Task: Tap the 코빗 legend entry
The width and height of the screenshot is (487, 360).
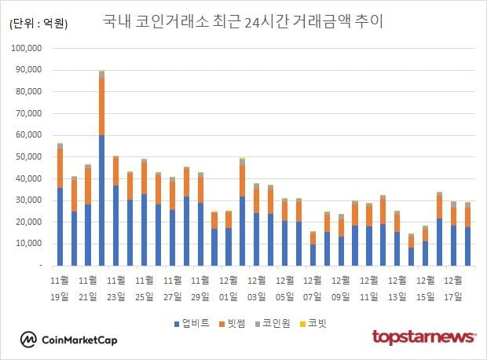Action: tap(318, 322)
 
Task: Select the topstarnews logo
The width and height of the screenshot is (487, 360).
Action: tap(423, 337)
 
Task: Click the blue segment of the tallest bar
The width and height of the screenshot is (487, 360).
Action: tap(101, 200)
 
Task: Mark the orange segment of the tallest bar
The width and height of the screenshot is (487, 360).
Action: tap(101, 106)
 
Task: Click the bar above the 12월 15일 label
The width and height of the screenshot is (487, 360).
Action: tap(425, 247)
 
